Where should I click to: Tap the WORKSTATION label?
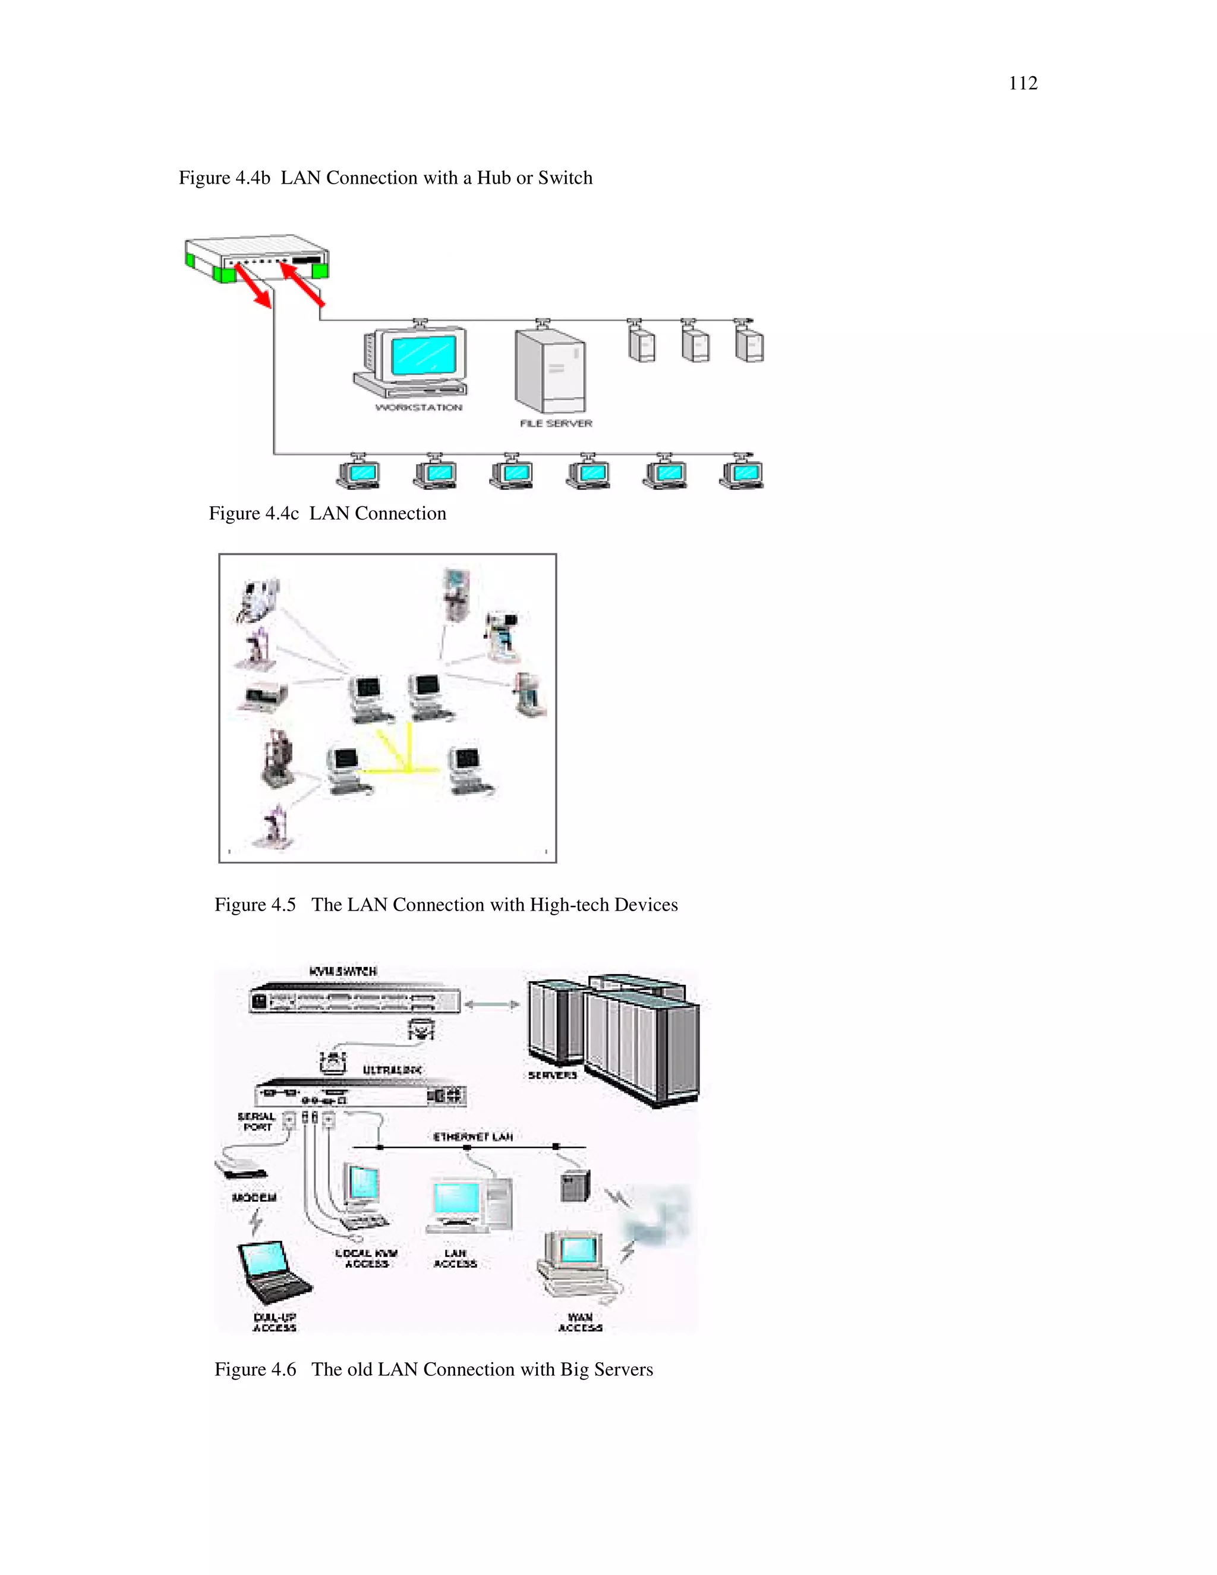[x=418, y=408]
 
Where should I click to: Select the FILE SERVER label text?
[x=555, y=423]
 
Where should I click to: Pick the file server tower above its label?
[x=550, y=370]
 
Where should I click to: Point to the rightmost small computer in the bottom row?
[x=742, y=474]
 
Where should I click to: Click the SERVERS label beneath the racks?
[x=552, y=1075]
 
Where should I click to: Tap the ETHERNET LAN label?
[x=472, y=1137]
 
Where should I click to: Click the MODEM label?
[x=254, y=1197]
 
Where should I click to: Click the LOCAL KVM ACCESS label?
[x=366, y=1258]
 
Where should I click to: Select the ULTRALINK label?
[x=392, y=1070]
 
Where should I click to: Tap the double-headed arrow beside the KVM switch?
[x=493, y=1004]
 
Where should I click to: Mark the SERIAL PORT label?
[x=257, y=1122]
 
